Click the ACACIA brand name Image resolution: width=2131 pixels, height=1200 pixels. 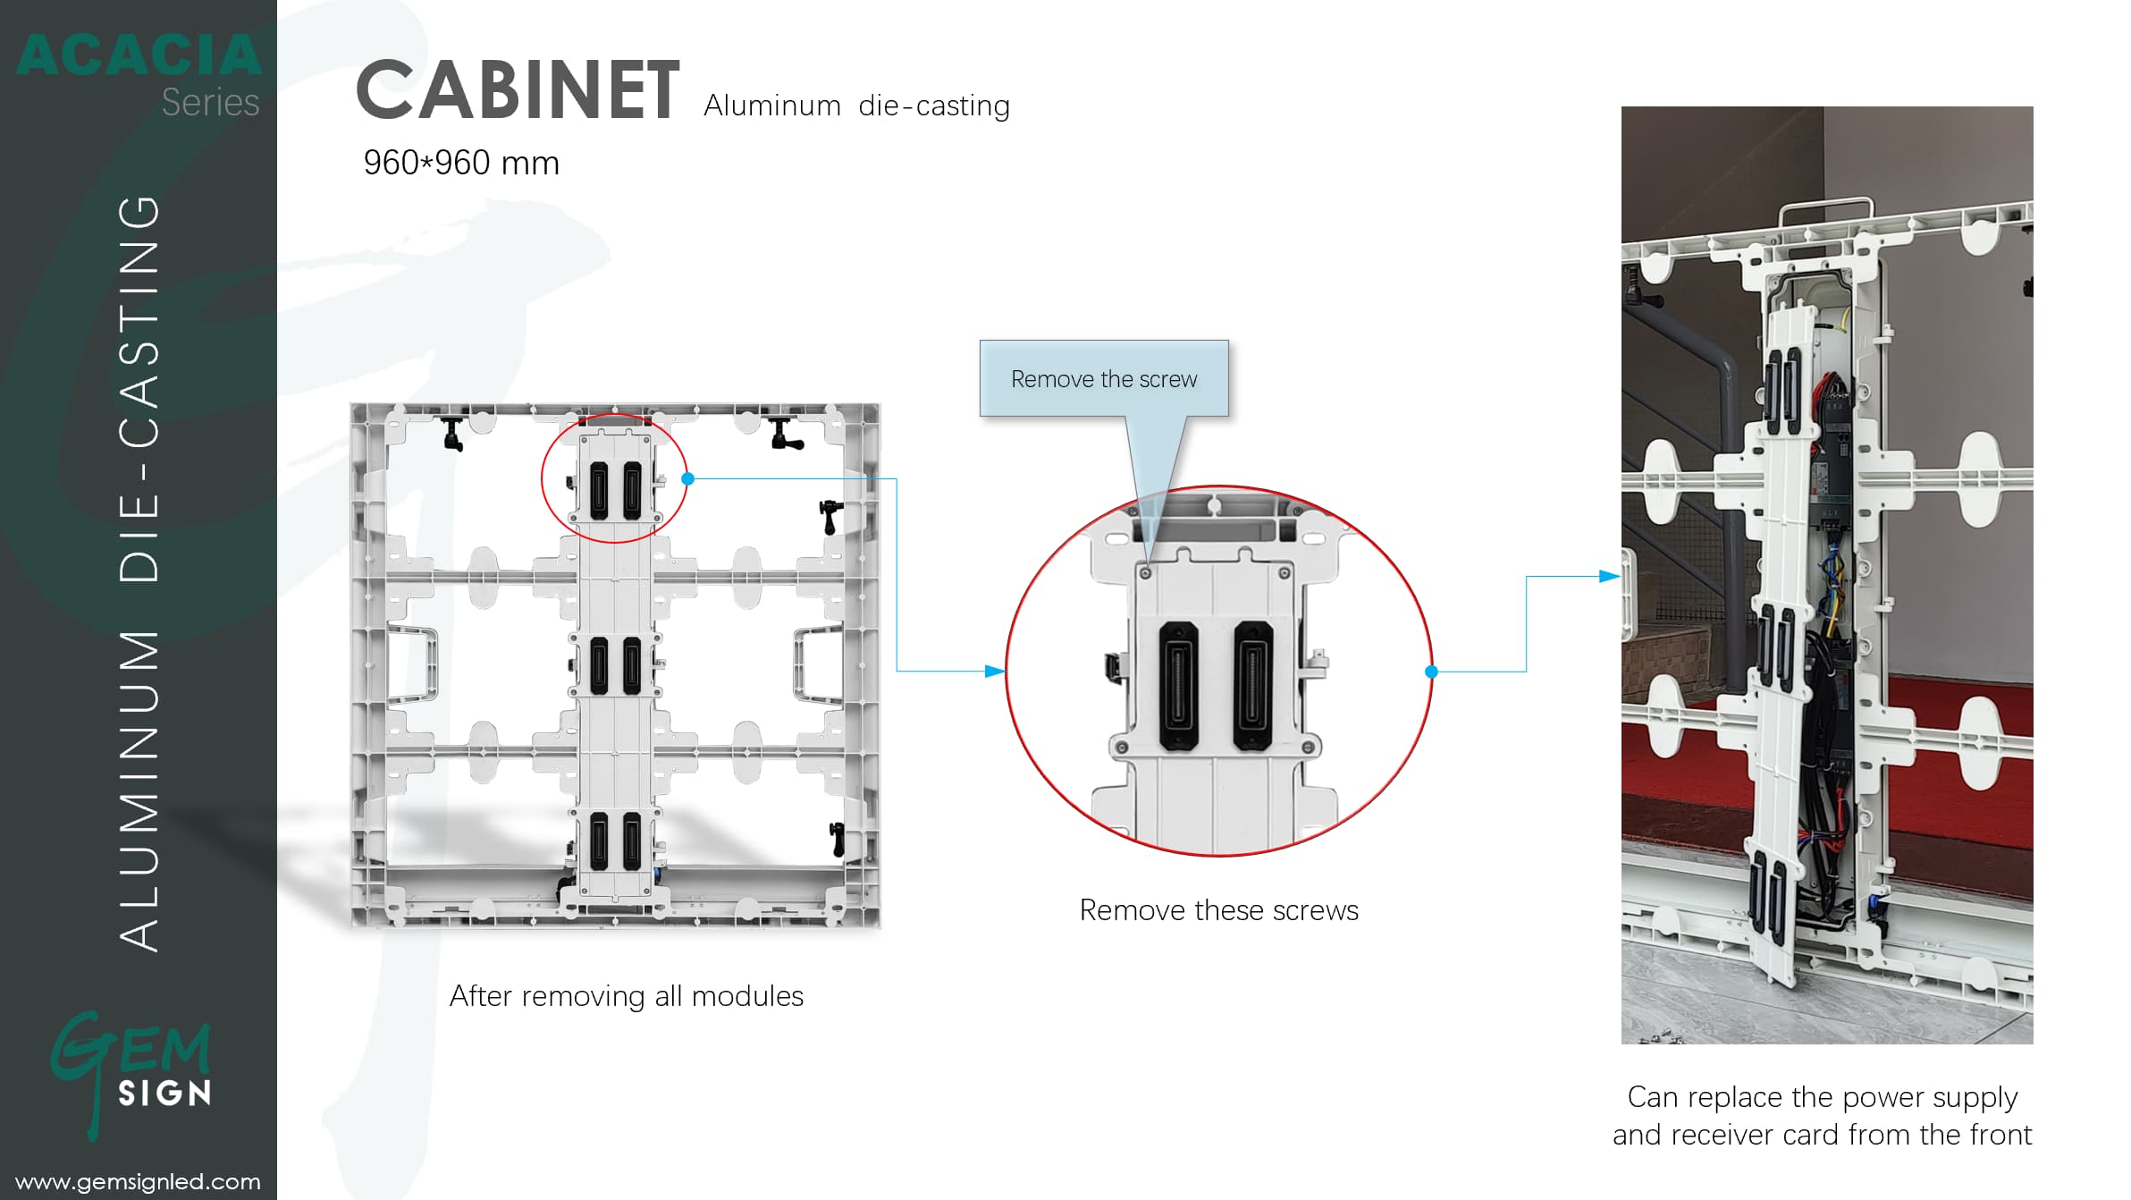tap(139, 55)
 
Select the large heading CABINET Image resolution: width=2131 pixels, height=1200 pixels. tap(518, 90)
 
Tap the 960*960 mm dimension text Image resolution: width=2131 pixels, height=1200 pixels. tap(461, 163)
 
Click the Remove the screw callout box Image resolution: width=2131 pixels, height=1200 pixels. tap(1104, 378)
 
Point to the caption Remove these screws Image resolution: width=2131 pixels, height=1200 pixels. tap(1218, 910)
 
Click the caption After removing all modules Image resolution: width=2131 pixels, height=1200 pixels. tap(626, 996)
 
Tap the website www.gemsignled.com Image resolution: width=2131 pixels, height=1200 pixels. tap(138, 1181)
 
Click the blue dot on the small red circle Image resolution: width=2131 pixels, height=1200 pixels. tap(688, 479)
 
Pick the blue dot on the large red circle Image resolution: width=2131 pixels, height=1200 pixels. tap(1431, 672)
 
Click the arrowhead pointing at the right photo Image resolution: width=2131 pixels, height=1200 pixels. tap(1609, 577)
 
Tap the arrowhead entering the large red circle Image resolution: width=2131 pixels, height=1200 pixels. tap(994, 671)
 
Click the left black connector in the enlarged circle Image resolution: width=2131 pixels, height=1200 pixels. tap(1178, 686)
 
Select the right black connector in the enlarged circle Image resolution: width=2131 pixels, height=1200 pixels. tap(1253, 686)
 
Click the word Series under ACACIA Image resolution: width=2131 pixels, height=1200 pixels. tap(210, 103)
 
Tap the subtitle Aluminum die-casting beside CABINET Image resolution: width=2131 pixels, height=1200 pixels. tap(856, 106)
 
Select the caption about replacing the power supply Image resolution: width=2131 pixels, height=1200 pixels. tap(1822, 1115)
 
